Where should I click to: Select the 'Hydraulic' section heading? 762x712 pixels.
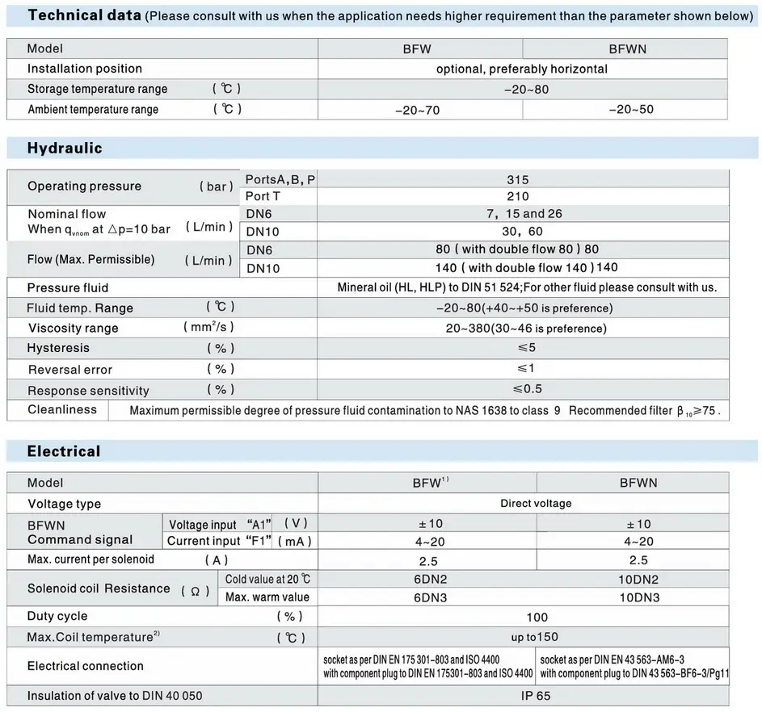(65, 148)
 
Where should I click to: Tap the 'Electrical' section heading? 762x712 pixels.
(64, 451)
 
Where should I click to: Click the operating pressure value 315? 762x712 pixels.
(518, 180)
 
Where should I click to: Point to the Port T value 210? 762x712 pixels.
(518, 196)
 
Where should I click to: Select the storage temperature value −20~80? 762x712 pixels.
(525, 89)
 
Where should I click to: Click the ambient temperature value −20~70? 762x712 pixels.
(417, 110)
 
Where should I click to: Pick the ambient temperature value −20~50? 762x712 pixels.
(630, 109)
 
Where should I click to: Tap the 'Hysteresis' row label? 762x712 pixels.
(58, 348)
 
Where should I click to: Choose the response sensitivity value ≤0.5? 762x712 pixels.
(527, 389)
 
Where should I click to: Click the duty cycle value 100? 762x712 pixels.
(537, 618)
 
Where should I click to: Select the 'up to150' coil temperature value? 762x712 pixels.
(534, 637)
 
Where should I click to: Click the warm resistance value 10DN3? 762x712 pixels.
(639, 597)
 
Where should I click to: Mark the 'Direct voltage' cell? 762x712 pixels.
(536, 503)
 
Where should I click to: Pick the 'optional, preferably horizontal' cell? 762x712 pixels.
(521, 69)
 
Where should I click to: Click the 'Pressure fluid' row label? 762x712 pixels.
(68, 287)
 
